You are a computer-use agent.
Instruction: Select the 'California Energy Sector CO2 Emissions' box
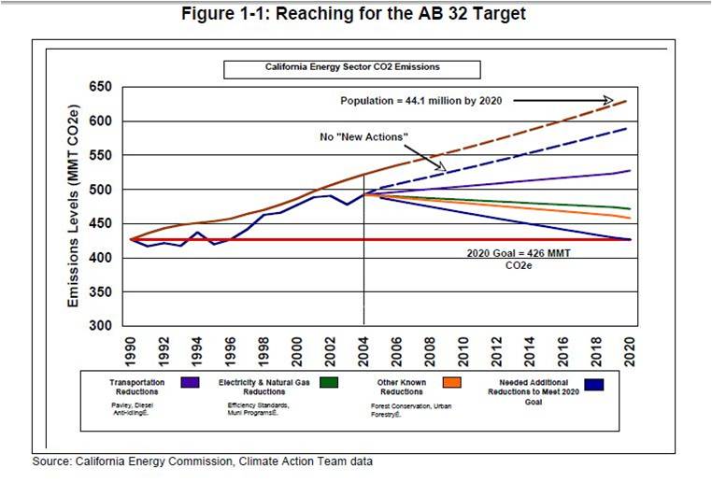(x=350, y=68)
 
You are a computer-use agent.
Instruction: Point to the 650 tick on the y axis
(x=100, y=87)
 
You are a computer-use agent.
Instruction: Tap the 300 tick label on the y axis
(x=100, y=326)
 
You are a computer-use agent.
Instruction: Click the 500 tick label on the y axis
(x=100, y=190)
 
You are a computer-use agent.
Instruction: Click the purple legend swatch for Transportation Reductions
(x=191, y=383)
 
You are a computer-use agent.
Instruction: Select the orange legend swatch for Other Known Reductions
(x=452, y=383)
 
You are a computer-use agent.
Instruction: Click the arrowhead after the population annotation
(x=607, y=99)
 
